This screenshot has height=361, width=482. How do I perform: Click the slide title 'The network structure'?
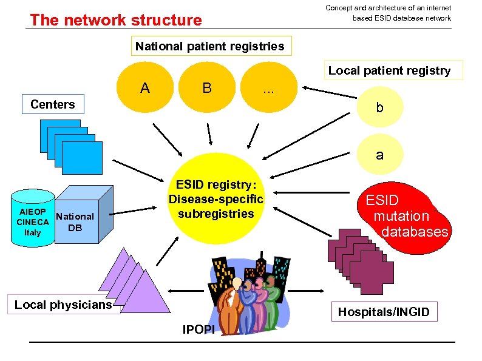(116, 20)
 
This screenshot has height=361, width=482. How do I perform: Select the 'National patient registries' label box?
(209, 46)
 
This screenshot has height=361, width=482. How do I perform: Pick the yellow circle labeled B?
(207, 89)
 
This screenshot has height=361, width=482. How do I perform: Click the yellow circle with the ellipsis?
(268, 89)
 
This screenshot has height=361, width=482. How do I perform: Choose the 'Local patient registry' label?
(389, 70)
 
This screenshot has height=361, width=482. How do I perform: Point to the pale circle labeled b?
(379, 108)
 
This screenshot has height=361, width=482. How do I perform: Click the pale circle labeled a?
(379, 155)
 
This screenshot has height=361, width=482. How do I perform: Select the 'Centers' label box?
(53, 104)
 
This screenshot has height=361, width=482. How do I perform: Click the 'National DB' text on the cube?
(75, 222)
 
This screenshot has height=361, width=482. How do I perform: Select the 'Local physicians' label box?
(64, 305)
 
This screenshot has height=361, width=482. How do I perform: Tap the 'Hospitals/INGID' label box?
(384, 312)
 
